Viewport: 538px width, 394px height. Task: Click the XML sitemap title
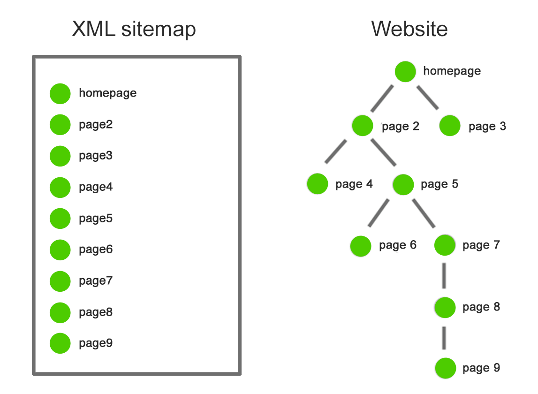tap(134, 29)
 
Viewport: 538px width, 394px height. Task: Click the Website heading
tap(409, 29)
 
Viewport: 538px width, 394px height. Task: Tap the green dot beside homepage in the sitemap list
tap(60, 93)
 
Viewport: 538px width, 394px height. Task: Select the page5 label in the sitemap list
tap(96, 219)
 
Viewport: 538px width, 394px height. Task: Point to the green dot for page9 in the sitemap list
tap(60, 343)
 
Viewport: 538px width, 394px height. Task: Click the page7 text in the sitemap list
tap(96, 281)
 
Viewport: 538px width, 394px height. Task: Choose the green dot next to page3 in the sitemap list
tap(60, 156)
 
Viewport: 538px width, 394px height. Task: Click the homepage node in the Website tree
tap(405, 72)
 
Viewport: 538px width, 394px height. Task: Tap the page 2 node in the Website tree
tap(362, 126)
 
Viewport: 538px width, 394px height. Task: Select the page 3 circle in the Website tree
tap(450, 126)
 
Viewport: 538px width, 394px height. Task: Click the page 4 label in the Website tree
tap(354, 184)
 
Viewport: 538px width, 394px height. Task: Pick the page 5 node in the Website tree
tap(403, 184)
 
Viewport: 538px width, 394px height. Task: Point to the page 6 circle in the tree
tap(361, 246)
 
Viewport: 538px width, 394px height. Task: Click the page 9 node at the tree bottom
tap(445, 369)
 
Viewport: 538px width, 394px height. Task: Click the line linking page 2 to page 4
tap(336, 152)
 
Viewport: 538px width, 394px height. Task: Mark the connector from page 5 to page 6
tap(379, 213)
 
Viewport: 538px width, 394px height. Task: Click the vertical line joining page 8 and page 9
tap(444, 338)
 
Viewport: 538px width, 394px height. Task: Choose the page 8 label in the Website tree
tap(481, 307)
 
